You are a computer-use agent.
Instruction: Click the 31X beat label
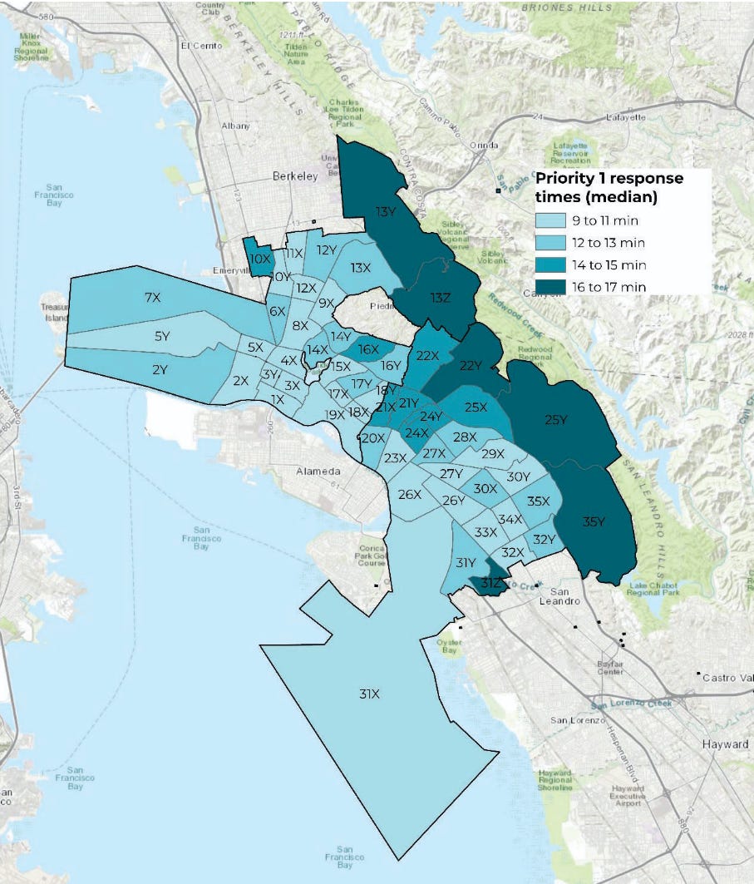tap(369, 694)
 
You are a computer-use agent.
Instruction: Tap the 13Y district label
tap(386, 211)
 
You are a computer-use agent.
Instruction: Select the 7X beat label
tap(152, 297)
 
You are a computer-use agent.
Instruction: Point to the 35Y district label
tap(594, 521)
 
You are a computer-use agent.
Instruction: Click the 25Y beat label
tap(555, 420)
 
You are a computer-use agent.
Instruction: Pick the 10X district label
tap(259, 259)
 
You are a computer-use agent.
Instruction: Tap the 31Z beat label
tap(491, 584)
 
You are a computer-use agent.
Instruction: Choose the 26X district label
tap(409, 494)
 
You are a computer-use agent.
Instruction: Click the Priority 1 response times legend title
tap(609, 187)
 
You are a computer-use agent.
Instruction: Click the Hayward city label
tap(725, 743)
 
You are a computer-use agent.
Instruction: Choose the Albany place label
tap(235, 126)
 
